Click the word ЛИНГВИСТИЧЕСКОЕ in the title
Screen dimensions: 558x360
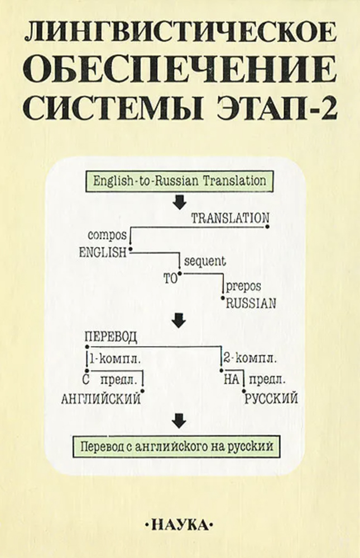point(180,35)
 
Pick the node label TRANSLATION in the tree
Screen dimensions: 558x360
point(230,218)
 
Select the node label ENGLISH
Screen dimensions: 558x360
point(103,252)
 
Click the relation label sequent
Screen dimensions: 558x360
point(204,260)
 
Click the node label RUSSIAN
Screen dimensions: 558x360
point(251,304)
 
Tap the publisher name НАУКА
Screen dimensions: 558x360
point(179,525)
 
